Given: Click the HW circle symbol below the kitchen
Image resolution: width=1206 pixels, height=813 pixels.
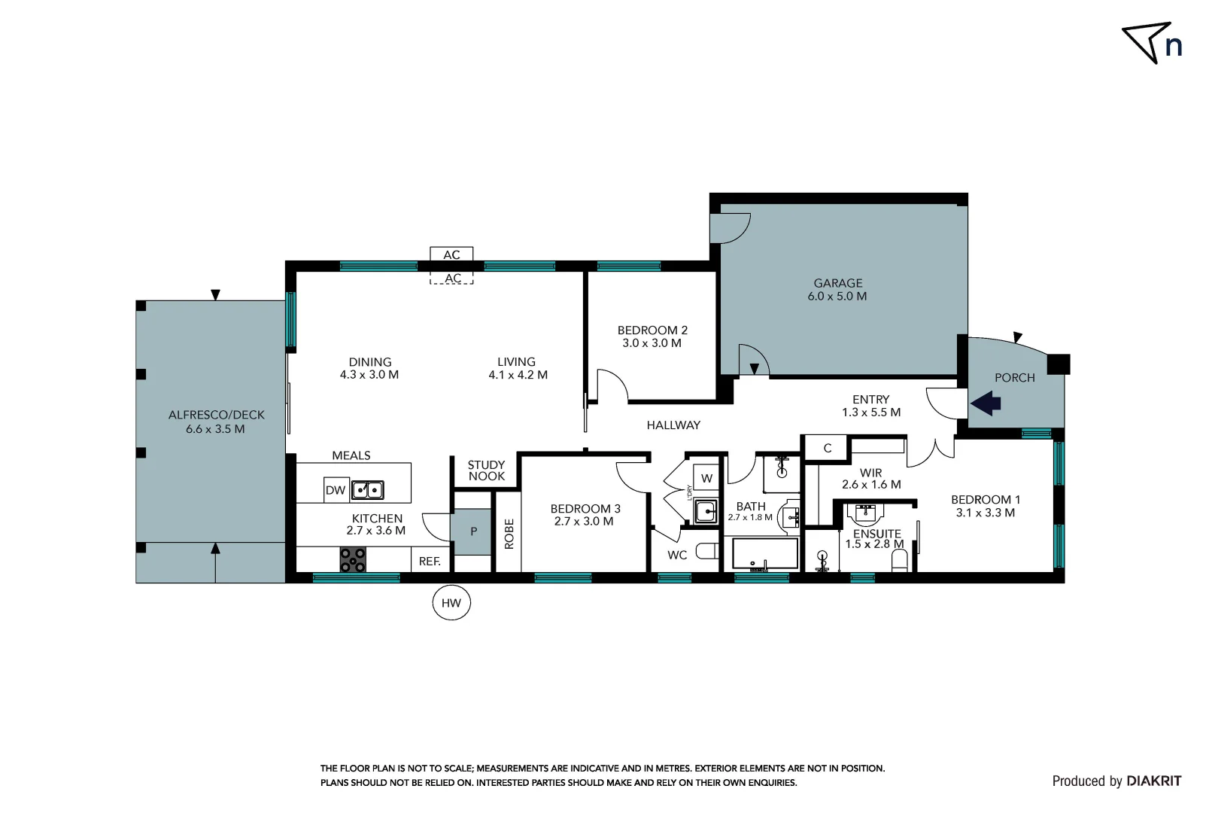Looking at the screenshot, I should tap(451, 602).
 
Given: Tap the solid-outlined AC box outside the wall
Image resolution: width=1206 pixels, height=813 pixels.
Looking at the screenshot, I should tap(451, 254).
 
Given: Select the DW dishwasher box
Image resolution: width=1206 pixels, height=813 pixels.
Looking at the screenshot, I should tap(336, 490).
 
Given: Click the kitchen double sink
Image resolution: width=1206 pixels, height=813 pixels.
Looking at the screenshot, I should tap(368, 490).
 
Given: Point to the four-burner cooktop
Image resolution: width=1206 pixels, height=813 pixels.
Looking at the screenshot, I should tap(353, 559).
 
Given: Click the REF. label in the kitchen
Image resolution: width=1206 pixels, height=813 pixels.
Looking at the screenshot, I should tap(430, 562).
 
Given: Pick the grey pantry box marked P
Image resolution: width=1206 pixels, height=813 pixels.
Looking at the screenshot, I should tap(472, 531).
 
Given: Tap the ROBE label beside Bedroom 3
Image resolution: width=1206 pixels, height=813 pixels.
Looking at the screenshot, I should tap(509, 533).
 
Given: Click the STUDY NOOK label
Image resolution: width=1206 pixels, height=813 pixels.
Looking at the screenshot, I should tap(486, 470).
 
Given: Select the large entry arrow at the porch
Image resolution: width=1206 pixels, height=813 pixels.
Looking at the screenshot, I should tap(986, 404).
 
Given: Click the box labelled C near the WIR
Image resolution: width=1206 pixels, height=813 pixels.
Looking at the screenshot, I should tap(827, 448).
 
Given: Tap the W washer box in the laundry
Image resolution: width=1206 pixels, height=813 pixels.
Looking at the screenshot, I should tap(706, 478).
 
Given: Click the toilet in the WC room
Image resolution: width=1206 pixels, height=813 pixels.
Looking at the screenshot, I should tap(707, 552).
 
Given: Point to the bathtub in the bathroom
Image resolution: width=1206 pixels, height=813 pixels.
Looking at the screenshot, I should tap(765, 553).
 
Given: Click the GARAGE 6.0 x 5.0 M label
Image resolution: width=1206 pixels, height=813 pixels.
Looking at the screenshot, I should tap(837, 290).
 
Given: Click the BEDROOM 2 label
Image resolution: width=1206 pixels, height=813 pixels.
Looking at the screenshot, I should tap(652, 336).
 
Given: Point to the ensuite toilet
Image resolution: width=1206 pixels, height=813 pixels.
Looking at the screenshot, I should tap(900, 560).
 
